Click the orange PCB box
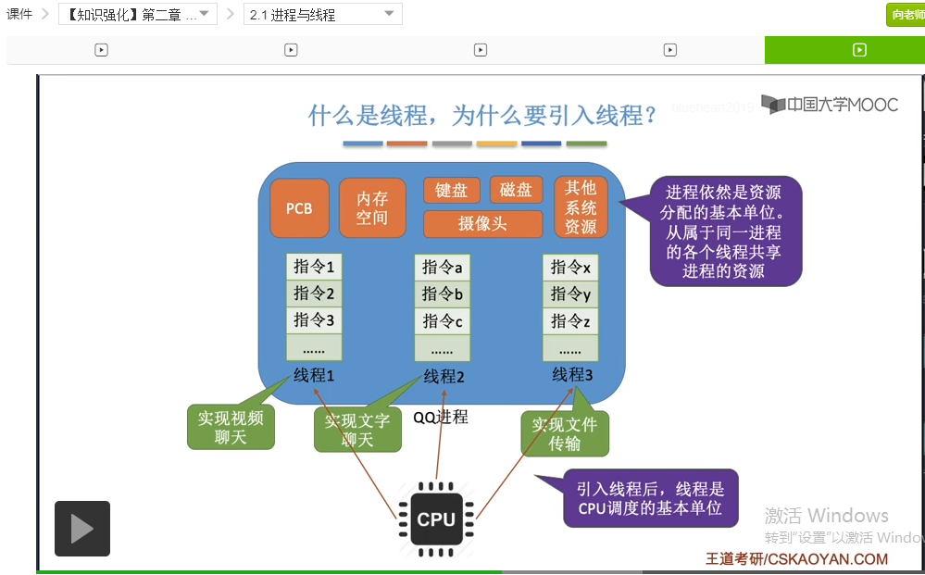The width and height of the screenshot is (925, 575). pos(299,208)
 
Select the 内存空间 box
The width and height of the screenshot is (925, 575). pos(372,208)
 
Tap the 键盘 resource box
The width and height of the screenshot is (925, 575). pos(452,191)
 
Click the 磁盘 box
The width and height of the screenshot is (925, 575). pos(516,191)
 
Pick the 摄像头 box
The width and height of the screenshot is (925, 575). pos(482,224)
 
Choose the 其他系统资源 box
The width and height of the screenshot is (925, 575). pos(581,207)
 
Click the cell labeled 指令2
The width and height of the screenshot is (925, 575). pos(314,294)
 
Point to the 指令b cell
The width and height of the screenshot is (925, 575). pos(442,294)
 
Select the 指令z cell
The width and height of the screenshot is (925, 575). pos(570,321)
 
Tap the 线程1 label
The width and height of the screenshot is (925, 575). pos(314,376)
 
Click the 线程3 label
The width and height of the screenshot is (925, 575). pos(572,375)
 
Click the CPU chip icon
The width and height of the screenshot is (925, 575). pos(436,519)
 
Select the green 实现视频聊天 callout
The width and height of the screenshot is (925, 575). pos(231,428)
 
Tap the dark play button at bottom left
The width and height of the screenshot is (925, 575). pos(82,529)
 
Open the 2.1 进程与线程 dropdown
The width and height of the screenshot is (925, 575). pos(323,15)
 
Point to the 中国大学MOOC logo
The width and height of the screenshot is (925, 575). pos(830,105)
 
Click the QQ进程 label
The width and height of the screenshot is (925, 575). pos(441,417)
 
